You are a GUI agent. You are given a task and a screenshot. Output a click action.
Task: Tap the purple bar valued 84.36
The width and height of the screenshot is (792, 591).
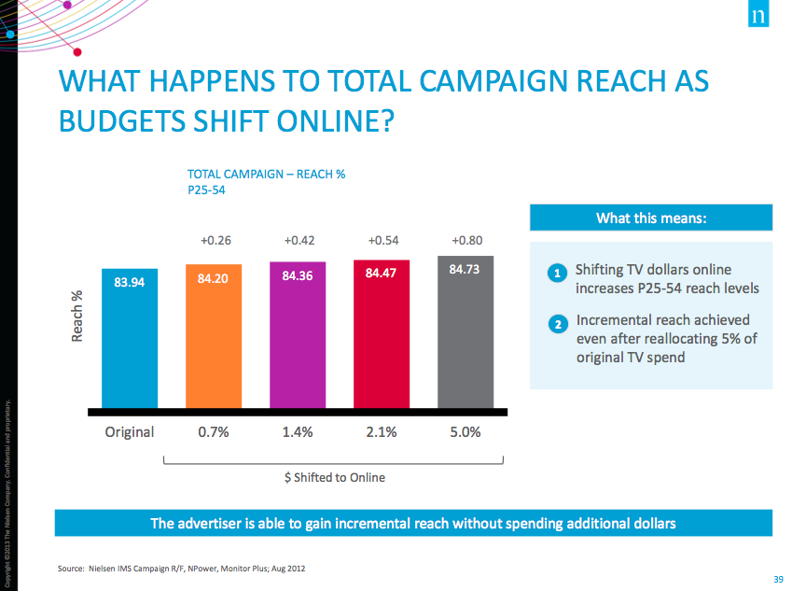click(298, 335)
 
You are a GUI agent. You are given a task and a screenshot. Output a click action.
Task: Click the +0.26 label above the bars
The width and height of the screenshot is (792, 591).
click(215, 241)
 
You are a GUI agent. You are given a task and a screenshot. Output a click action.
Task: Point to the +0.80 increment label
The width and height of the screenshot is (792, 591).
click(466, 241)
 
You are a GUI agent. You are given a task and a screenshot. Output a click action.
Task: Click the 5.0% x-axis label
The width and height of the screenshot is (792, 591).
click(465, 432)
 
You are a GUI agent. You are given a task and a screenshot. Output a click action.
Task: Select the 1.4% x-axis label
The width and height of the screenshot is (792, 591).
click(298, 432)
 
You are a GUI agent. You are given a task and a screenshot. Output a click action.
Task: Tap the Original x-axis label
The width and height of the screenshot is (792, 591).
click(129, 432)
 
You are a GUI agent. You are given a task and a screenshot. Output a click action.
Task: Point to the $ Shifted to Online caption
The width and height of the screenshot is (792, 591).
click(334, 477)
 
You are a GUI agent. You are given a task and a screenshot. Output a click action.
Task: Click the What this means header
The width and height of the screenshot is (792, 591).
click(651, 218)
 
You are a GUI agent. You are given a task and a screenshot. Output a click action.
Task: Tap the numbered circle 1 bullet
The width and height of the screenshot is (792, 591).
click(557, 274)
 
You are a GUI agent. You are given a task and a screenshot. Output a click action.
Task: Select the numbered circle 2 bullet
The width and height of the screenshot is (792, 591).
click(557, 324)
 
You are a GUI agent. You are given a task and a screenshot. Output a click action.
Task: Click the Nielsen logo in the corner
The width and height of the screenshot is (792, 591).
click(757, 17)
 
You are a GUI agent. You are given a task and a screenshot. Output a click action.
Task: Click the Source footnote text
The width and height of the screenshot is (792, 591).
click(182, 568)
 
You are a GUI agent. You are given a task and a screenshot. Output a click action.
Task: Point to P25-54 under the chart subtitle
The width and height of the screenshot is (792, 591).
click(207, 190)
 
